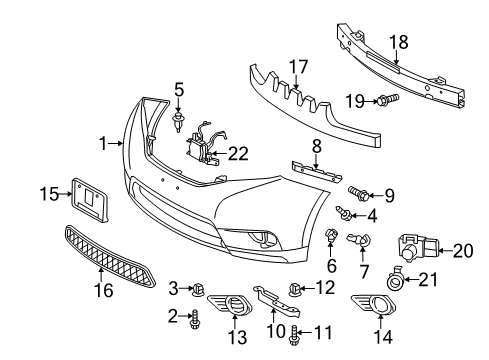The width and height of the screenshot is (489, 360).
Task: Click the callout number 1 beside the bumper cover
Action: pos(103,143)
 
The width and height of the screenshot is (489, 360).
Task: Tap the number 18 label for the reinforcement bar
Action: pos(398,43)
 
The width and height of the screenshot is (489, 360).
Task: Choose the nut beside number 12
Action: pos(295,291)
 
